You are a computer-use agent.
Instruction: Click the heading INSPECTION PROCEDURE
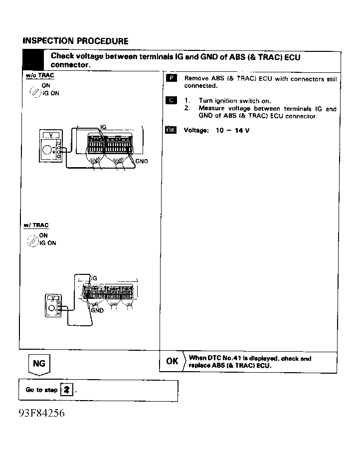tap(75, 41)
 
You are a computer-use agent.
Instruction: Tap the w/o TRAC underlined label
tap(40, 75)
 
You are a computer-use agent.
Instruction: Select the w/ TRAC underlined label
tap(36, 226)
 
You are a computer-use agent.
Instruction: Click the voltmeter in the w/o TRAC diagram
tap(51, 146)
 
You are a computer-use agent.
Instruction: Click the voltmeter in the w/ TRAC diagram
tap(53, 305)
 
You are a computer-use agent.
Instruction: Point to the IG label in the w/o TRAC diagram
tap(103, 127)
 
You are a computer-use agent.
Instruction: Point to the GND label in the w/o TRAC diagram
tap(142, 161)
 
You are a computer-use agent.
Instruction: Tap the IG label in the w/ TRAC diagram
tap(94, 278)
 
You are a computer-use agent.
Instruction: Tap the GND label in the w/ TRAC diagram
tap(97, 310)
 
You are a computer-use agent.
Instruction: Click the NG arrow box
tap(39, 364)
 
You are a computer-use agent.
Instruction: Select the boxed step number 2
tap(67, 390)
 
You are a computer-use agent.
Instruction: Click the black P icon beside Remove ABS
tap(172, 78)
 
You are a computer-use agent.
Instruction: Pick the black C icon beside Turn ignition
tap(172, 100)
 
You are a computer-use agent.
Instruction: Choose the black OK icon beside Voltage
tap(171, 130)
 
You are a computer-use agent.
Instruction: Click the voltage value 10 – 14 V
tap(232, 130)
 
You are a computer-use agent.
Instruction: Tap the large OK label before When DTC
tap(172, 361)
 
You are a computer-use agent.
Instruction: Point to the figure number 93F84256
tap(42, 413)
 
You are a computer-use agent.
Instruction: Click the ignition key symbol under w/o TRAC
tap(35, 92)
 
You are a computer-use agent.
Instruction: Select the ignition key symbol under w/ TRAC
tap(33, 241)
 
